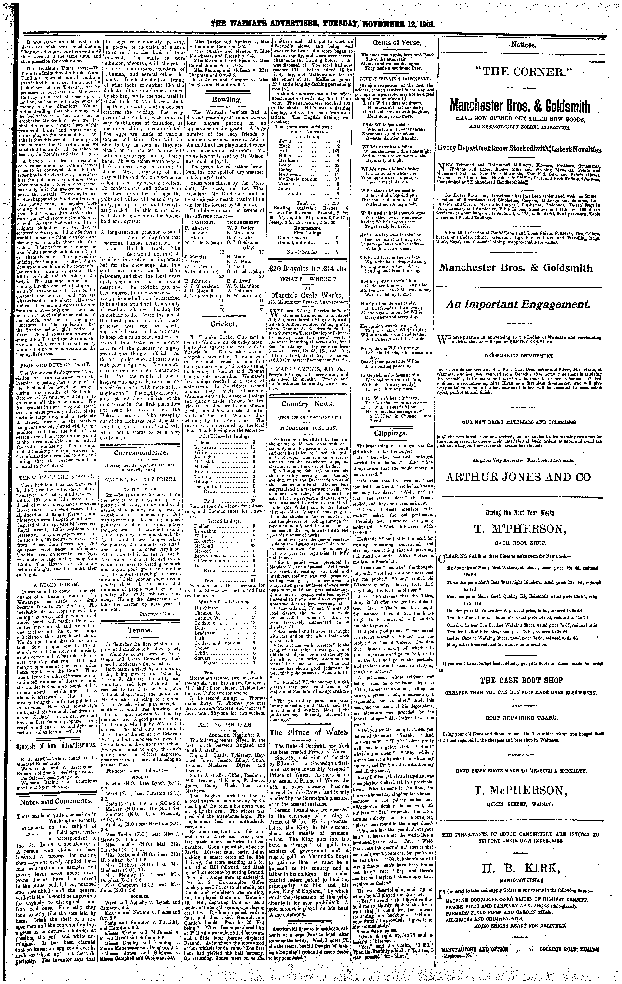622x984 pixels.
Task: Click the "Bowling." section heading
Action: pyautogui.click(x=226, y=100)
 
